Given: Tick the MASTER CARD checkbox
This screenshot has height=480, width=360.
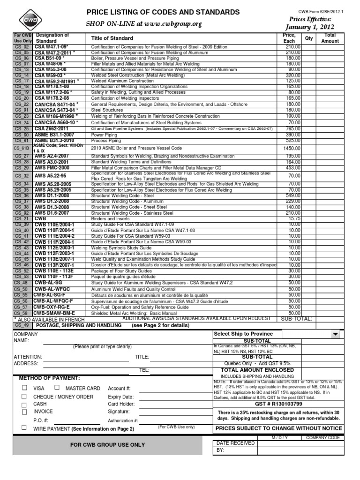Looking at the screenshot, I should click(x=57, y=388).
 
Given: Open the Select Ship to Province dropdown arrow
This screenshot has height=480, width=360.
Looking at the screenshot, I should click(x=335, y=334).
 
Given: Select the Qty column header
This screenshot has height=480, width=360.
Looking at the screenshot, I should click(x=309, y=38).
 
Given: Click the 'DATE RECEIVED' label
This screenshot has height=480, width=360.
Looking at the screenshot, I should click(x=235, y=443).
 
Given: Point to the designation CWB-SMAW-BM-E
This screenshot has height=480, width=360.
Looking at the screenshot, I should click(x=54, y=313).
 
